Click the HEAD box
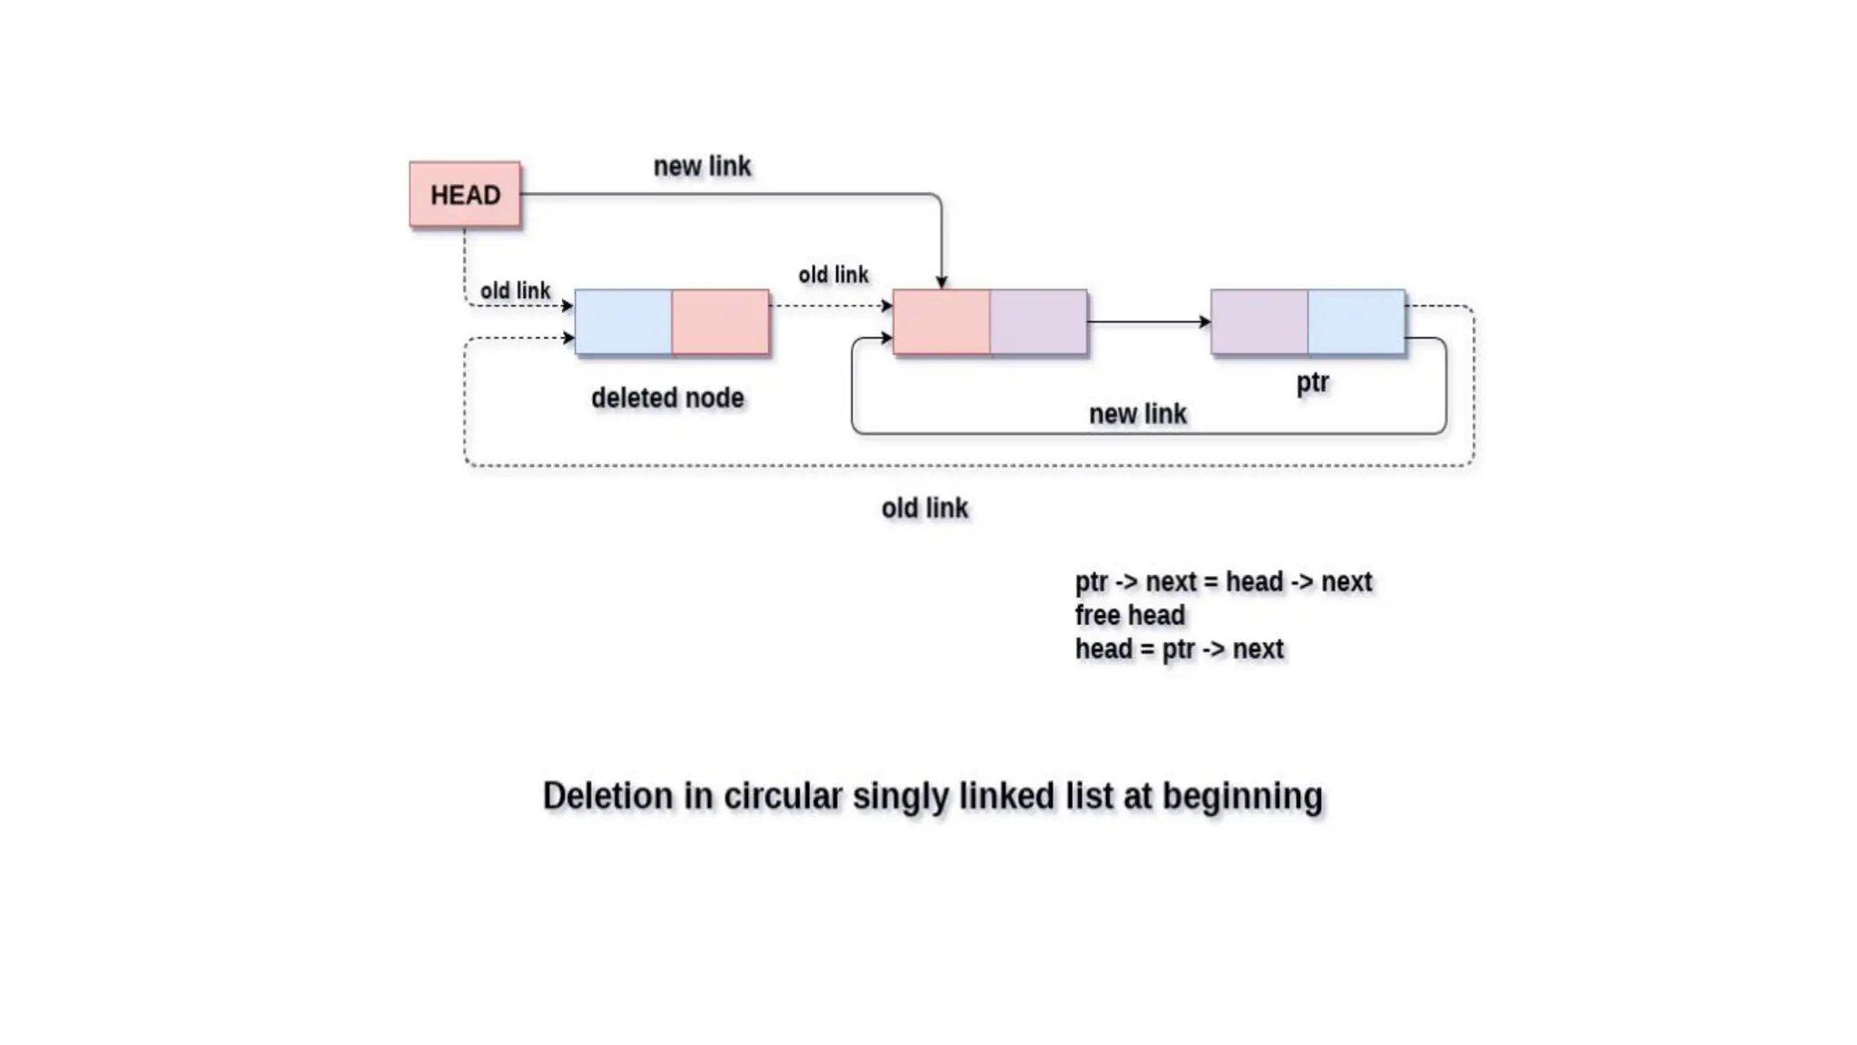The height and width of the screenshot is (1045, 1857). [x=465, y=194]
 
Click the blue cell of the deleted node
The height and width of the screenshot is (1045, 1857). [x=623, y=322]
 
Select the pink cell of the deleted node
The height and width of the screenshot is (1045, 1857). [x=720, y=322]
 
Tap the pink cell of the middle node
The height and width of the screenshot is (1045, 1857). [x=941, y=322]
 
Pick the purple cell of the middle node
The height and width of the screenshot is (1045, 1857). [x=1038, y=322]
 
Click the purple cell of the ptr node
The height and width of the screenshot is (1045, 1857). [x=1259, y=322]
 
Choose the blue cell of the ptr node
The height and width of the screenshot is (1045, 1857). [x=1356, y=322]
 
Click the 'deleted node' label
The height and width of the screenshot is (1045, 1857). [x=667, y=398]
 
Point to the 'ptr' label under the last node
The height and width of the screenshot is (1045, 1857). [x=1312, y=383]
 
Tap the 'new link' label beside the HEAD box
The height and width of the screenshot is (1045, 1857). [x=702, y=167]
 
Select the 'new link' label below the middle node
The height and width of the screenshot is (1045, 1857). [x=1137, y=415]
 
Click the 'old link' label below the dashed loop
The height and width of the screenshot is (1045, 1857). [x=925, y=509]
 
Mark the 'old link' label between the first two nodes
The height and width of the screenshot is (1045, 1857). [x=833, y=275]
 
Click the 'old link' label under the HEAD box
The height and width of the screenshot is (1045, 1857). [x=515, y=291]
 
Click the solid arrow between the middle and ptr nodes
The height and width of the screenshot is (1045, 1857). [x=1148, y=322]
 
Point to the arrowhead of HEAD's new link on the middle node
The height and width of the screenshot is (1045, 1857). [x=941, y=283]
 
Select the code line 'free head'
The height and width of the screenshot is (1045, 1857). [x=1130, y=616]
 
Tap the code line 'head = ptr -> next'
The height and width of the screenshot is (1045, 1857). [x=1179, y=649]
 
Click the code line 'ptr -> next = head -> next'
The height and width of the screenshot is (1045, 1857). [x=1223, y=582]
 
